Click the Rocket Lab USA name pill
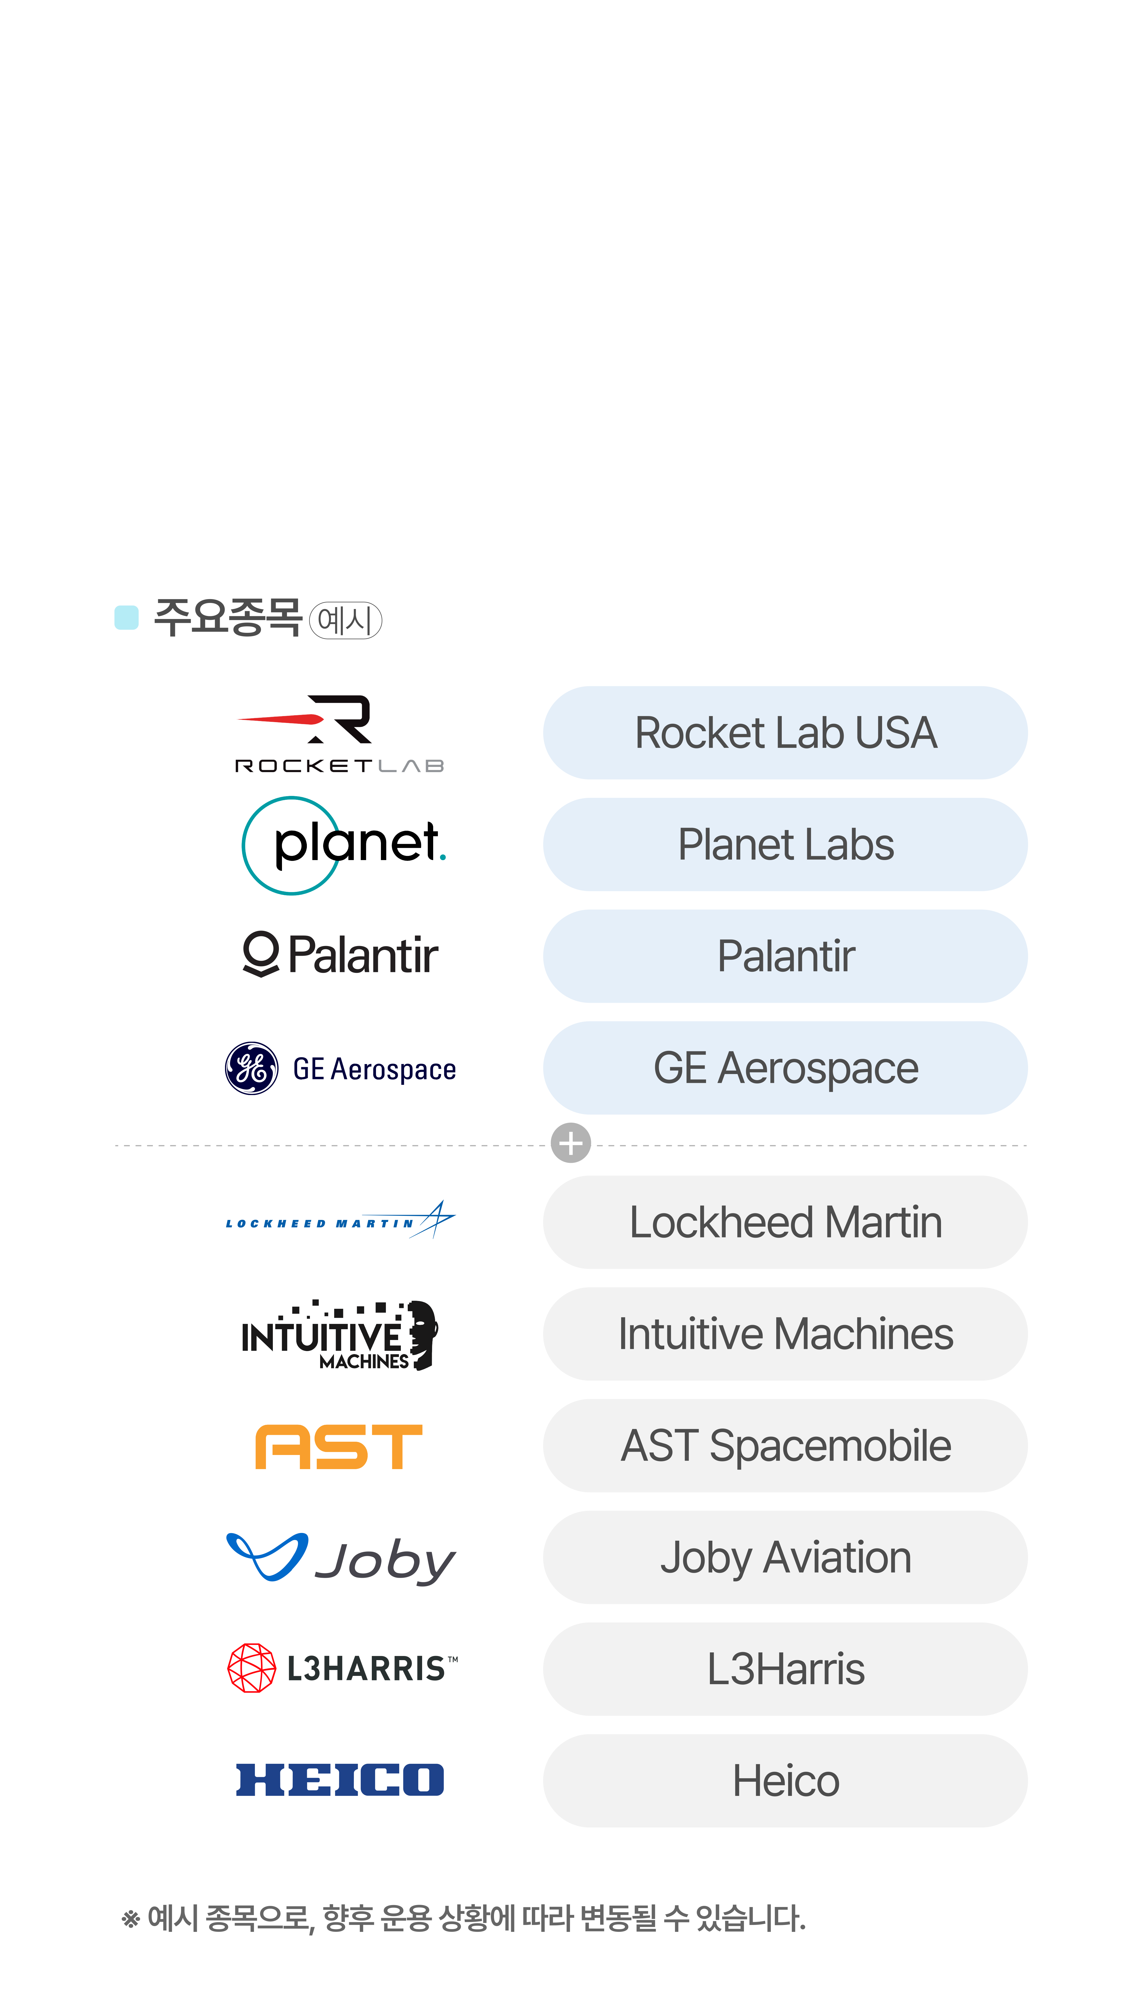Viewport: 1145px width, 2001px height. point(785,733)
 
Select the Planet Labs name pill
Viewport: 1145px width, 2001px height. point(785,844)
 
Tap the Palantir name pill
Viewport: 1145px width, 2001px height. point(785,956)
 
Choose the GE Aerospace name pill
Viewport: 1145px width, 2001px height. point(785,1068)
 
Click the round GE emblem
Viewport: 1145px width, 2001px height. point(252,1069)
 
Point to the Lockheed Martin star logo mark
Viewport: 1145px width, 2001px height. point(435,1219)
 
